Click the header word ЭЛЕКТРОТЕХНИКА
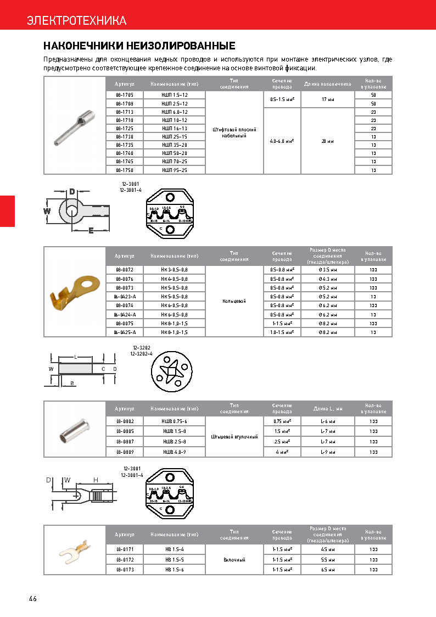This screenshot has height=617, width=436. click(x=77, y=21)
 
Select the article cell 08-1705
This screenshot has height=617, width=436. click(x=125, y=95)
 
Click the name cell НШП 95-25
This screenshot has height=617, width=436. click(x=175, y=170)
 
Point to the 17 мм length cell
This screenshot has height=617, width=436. click(x=327, y=99)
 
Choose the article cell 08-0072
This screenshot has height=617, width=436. click(x=125, y=270)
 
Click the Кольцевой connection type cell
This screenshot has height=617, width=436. click(x=234, y=301)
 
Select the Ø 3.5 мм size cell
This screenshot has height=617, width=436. click(x=327, y=270)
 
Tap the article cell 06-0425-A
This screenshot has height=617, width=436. click(x=125, y=332)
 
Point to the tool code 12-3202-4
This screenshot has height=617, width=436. click(x=141, y=354)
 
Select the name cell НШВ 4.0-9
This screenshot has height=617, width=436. click(x=175, y=452)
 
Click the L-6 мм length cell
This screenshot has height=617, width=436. click(x=327, y=421)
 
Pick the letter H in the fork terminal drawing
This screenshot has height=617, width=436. click(x=96, y=480)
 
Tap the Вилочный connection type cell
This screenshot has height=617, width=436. click(x=234, y=559)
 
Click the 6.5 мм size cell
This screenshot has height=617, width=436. click(x=327, y=570)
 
